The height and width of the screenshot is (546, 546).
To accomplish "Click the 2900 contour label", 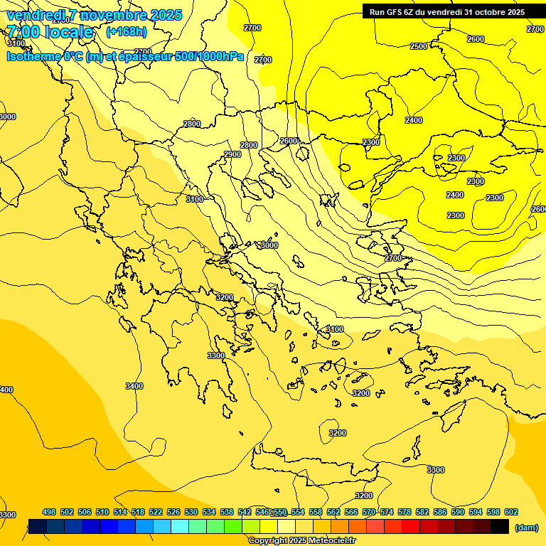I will [232, 154].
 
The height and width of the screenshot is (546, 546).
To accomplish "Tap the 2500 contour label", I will [419, 46].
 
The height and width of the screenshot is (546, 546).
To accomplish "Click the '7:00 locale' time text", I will [50, 31].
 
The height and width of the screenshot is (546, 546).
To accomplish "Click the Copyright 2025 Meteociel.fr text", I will [301, 540].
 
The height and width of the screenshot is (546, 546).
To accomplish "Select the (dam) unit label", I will [526, 527].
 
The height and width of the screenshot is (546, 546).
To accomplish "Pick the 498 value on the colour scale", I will [49, 512].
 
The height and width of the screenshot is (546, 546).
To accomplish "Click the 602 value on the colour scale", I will [510, 512].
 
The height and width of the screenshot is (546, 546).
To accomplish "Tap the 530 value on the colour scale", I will [191, 512].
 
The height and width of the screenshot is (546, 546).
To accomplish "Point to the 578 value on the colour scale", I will [405, 512].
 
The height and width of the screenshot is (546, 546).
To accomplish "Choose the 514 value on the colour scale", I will [120, 512].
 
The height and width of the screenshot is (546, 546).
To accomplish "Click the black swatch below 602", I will [500, 526].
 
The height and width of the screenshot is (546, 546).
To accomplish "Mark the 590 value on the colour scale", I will [458, 512].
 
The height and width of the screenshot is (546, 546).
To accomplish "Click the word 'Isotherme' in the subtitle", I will [33, 56].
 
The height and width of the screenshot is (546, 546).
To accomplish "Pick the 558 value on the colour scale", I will [316, 512].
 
